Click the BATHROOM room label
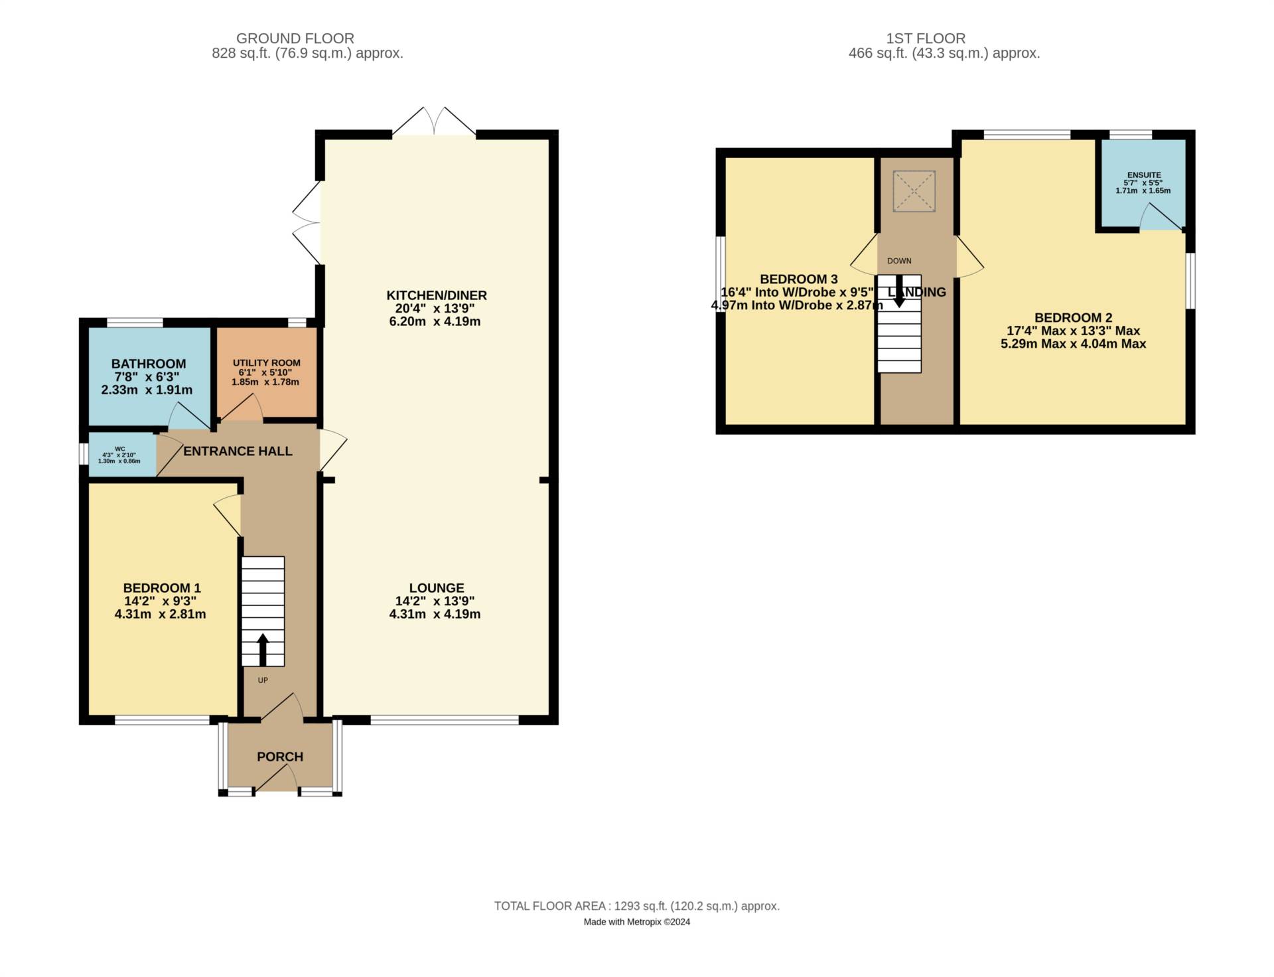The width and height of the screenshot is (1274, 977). coord(149,364)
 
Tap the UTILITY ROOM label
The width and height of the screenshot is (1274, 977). coord(266,363)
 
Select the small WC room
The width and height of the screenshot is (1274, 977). coord(120,455)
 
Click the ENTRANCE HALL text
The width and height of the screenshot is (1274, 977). coord(238,451)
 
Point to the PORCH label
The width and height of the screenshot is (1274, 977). coord(280,757)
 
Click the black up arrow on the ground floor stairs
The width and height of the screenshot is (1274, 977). coord(262,649)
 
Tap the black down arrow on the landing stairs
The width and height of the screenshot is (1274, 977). coord(899,291)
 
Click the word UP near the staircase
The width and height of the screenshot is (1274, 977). coord(263,680)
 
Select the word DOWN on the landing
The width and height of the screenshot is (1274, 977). coord(899,261)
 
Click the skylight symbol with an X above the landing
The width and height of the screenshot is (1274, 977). coord(914,191)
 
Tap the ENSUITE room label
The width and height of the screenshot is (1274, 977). coord(1144,175)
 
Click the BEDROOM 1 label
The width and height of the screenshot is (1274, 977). coord(162,588)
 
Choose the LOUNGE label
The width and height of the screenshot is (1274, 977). coord(437,588)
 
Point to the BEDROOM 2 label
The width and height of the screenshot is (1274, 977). coord(1073,318)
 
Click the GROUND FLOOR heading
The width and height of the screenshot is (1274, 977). coord(295,38)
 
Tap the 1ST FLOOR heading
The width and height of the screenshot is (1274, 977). coord(925,38)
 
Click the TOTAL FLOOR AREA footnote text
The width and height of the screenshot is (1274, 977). coord(636,906)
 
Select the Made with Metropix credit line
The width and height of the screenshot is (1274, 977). coord(636,922)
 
